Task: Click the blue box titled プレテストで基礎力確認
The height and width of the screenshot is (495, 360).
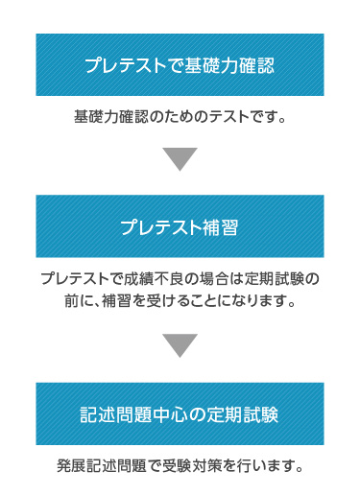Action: [180, 64]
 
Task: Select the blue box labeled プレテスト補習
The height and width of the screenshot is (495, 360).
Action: [180, 226]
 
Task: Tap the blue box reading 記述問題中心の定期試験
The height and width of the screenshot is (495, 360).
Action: [180, 413]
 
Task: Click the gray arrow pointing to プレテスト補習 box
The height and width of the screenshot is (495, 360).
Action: [180, 159]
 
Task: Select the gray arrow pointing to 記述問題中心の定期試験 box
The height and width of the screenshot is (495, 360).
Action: [180, 345]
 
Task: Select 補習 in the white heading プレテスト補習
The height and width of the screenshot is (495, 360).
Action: [220, 227]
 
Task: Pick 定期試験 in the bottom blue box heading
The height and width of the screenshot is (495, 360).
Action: [243, 414]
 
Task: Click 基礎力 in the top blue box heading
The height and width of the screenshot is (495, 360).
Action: [210, 66]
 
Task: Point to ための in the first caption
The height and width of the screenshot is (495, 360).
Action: [185, 117]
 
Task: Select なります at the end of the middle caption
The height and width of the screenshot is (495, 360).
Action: [257, 301]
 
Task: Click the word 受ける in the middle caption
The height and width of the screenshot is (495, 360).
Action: [167, 301]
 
